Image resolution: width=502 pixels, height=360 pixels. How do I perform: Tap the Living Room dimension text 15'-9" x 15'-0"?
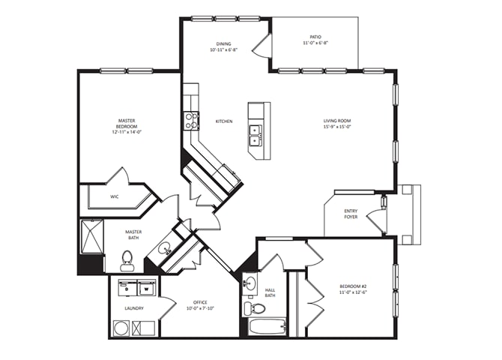tap(337, 127)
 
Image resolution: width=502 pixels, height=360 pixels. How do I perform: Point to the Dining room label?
tap(224, 44)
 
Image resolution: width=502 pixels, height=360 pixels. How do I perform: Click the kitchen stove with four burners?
tap(192, 121)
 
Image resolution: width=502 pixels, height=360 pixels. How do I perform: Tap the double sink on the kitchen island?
tap(255, 134)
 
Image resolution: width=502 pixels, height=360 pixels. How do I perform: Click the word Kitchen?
tap(224, 121)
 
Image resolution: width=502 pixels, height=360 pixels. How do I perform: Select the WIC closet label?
tap(115, 197)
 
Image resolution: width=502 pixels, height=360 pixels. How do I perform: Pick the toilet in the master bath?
tap(127, 258)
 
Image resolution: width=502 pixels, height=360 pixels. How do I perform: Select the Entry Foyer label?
tap(351, 214)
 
